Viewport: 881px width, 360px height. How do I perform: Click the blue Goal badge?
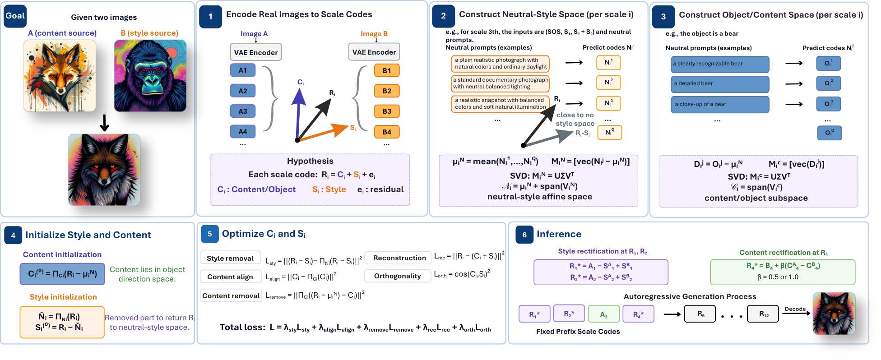click(15, 16)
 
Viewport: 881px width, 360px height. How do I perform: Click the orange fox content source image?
click(60, 76)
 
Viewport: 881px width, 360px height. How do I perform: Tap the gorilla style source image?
click(150, 76)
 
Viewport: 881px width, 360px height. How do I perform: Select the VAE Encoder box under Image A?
click(256, 52)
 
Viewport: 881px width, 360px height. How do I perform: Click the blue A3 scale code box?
click(243, 111)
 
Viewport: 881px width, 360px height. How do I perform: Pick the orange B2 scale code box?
click(387, 91)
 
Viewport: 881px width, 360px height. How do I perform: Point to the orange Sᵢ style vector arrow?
click(323, 133)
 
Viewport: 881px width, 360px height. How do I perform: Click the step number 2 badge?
click(443, 16)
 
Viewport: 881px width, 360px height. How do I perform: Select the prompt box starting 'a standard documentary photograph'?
click(501, 83)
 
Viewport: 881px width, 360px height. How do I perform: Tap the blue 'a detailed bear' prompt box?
click(720, 84)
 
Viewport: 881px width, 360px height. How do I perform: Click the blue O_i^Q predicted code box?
click(830, 133)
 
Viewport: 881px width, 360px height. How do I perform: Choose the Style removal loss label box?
click(230, 258)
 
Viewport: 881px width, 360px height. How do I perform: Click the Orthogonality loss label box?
click(397, 276)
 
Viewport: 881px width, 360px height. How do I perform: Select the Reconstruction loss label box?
click(399, 258)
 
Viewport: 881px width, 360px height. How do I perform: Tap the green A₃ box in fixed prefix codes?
click(603, 314)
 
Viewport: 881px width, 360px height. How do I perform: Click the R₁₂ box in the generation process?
click(764, 314)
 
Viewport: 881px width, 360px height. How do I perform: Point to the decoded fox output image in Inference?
click(834, 313)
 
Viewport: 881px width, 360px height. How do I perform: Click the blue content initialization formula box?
click(62, 274)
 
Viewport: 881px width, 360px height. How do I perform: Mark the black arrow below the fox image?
click(104, 123)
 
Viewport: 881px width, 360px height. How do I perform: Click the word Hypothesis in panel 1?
click(310, 161)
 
